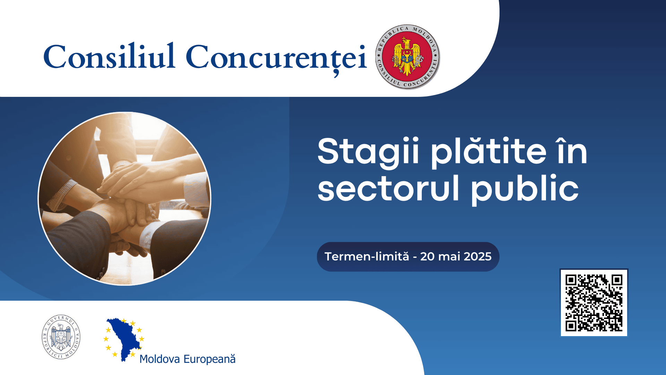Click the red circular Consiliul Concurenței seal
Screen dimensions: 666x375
point(407,57)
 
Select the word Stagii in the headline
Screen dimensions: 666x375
point(368,152)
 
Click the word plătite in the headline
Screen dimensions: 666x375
point(489,152)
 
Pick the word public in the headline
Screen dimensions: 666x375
point(524,189)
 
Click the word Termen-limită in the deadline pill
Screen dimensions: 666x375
point(367,257)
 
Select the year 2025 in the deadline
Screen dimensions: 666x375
point(478,257)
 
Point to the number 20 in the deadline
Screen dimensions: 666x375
point(427,257)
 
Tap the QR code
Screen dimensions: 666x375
point(594,302)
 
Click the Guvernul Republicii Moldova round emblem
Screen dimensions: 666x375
point(61,337)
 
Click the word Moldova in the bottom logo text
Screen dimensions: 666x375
point(160,359)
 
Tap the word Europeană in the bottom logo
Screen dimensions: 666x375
point(210,359)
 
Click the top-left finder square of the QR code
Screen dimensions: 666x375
point(571,280)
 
